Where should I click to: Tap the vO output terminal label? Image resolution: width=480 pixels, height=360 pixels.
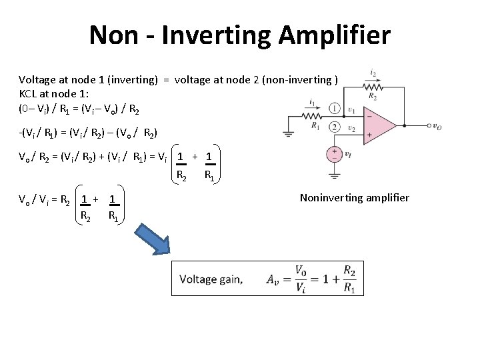pyautogui.click(x=435, y=126)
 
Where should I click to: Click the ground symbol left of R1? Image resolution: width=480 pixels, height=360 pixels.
pyautogui.click(x=288, y=132)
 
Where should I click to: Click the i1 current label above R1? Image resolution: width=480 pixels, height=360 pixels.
pyautogui.click(x=313, y=102)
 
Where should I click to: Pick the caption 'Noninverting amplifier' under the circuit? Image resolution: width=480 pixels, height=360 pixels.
pyautogui.click(x=355, y=197)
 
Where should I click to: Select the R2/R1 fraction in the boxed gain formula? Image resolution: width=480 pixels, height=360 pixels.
pyautogui.click(x=349, y=279)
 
